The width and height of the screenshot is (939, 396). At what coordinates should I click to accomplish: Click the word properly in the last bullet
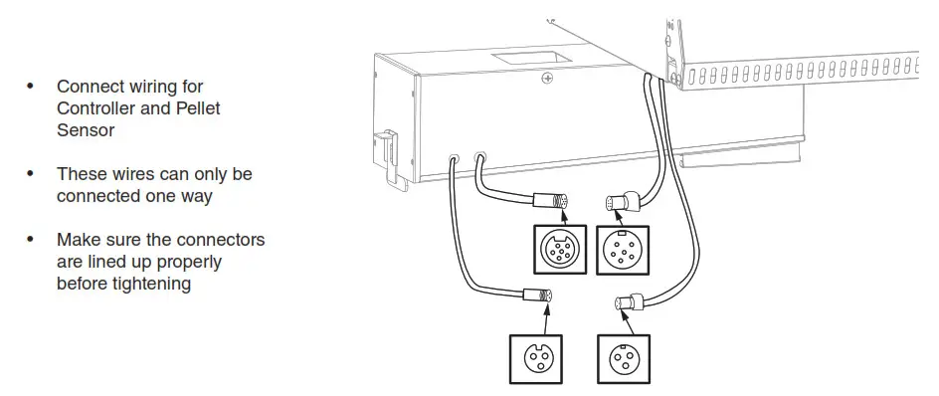(188, 262)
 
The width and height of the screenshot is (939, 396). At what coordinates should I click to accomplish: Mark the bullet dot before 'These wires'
(30, 174)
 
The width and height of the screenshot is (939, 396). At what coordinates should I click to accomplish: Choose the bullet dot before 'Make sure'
(30, 240)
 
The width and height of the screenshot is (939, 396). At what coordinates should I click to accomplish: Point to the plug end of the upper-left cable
(553, 202)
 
